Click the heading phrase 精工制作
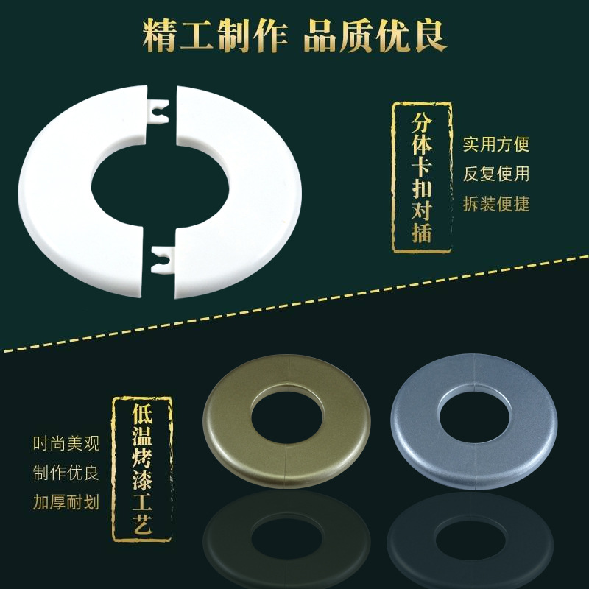coord(215,36)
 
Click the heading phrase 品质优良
coord(375,36)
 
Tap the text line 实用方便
coord(495,144)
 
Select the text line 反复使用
coord(495,174)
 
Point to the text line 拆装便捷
coord(495,204)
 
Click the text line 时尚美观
coord(66,444)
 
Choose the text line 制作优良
coord(66,473)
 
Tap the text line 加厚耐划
coord(66,502)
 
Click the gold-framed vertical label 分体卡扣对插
coord(422,177)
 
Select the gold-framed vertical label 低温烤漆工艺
coord(142,469)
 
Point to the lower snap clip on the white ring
coord(161,259)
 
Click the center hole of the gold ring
coord(286,417)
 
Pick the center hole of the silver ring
coord(474,416)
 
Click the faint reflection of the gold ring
coord(286,541)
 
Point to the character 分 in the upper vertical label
coord(422,123)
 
